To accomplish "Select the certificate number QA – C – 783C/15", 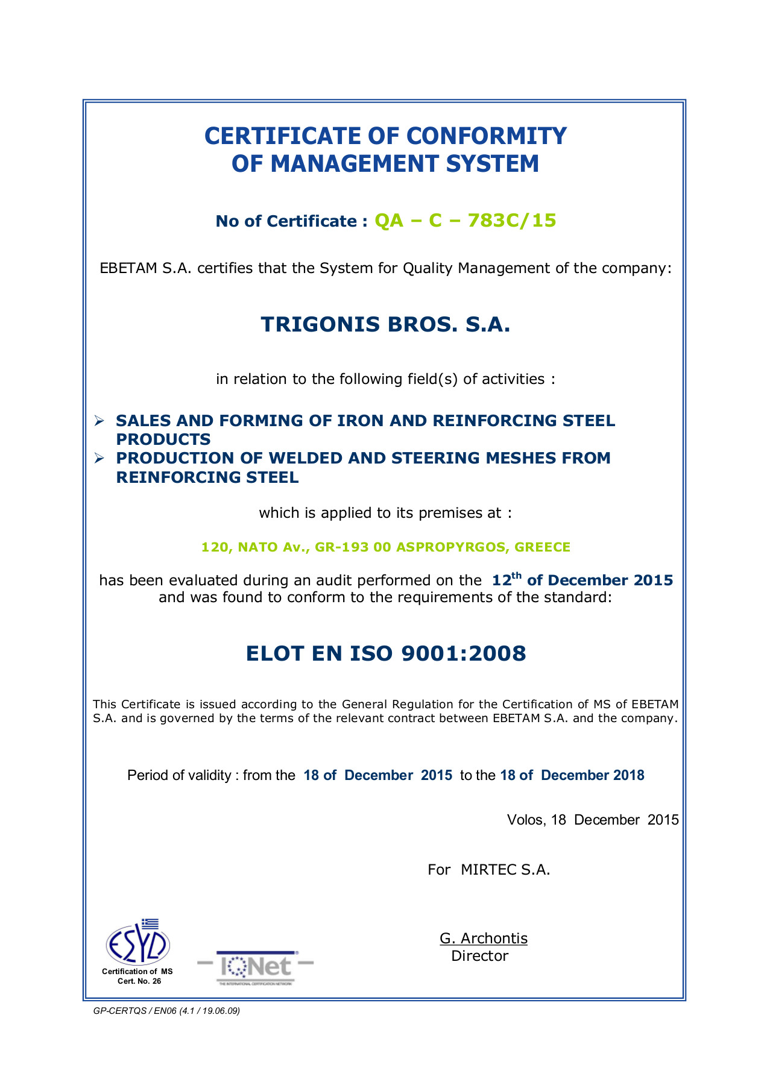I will (465, 221).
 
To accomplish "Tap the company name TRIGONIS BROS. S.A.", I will (385, 325).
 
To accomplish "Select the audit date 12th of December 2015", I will (582, 580).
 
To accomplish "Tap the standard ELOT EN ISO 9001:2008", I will (386, 653).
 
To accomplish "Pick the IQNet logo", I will (256, 967).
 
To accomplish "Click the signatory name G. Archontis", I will (484, 939).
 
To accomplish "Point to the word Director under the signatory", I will (480, 956).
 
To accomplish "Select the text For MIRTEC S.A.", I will (489, 870).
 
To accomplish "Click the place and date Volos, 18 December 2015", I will (593, 820).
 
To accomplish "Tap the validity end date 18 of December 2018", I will (572, 775).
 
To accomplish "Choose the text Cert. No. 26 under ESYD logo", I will (139, 981).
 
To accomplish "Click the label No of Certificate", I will (291, 221).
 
